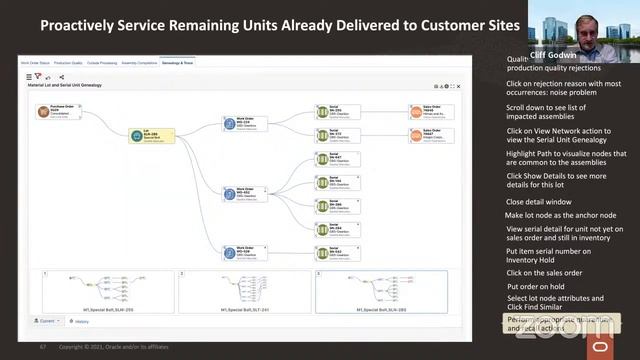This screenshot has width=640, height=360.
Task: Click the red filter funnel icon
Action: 39,76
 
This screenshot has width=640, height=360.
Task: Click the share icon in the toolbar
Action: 61,76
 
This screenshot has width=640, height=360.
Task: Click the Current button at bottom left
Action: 46,321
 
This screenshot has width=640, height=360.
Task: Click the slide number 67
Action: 43,347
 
